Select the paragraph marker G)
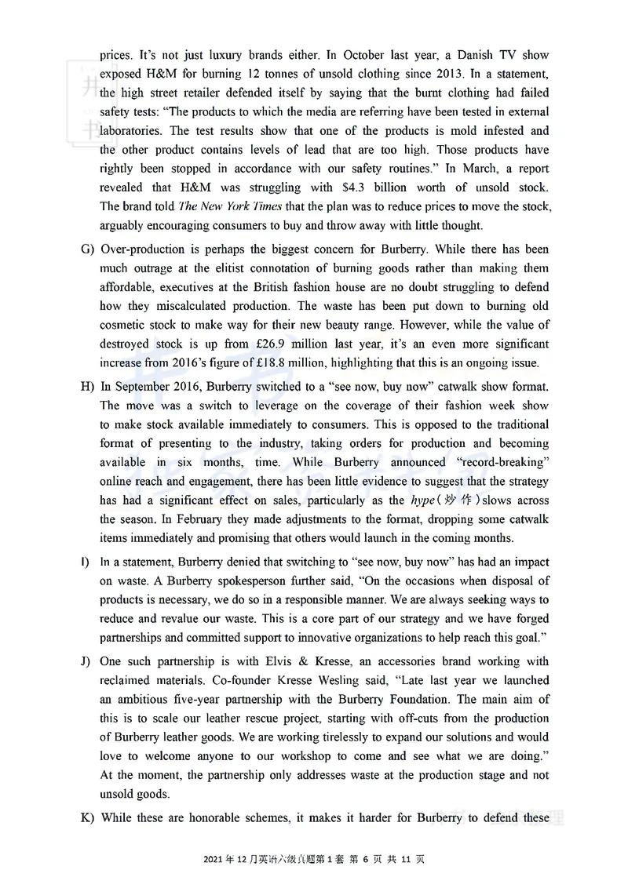point(87,249)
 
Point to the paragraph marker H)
point(87,387)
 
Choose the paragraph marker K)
point(87,817)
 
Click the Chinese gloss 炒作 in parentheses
point(461,500)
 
